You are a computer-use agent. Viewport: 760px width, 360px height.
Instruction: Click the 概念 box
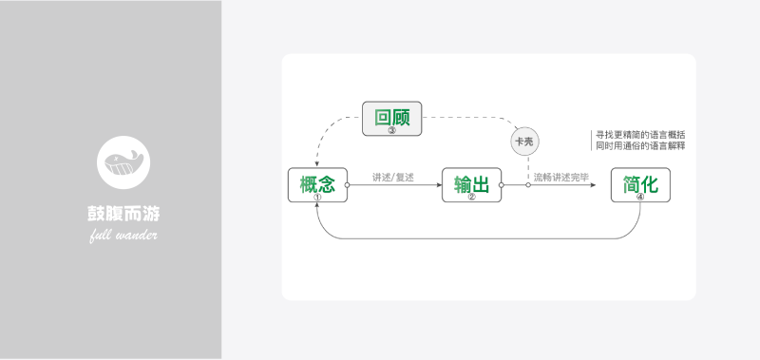317,184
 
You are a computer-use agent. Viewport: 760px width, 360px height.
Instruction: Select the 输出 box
471,184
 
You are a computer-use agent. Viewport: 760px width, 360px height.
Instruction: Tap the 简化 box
640,184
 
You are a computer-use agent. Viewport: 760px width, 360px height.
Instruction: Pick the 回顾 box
391,119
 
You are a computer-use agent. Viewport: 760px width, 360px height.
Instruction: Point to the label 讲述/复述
393,177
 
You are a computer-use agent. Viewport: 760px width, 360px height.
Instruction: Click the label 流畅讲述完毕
560,177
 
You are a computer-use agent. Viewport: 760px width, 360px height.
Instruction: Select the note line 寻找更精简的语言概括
639,135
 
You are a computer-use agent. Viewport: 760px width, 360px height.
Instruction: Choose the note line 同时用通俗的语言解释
639,146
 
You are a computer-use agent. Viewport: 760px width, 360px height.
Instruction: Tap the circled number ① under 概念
317,197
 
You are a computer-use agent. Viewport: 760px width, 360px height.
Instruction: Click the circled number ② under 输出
471,197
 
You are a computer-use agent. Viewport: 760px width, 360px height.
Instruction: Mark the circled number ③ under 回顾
391,130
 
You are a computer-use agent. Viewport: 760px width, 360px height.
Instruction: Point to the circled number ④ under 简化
640,197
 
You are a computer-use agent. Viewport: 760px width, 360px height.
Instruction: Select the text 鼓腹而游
123,213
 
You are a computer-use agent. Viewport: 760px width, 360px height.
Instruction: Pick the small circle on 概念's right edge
348,185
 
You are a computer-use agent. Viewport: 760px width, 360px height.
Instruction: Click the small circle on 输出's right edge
502,185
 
